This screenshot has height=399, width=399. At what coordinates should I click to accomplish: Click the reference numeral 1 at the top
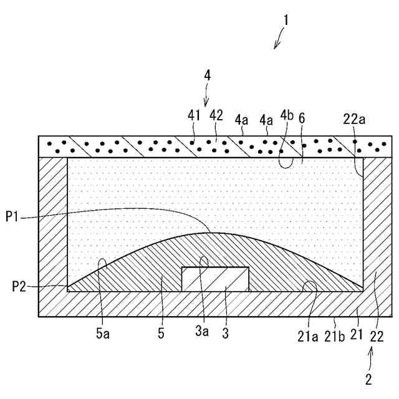pos(286,20)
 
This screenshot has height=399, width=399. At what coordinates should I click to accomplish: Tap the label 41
pos(194,115)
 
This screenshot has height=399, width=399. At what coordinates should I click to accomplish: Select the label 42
pos(216,115)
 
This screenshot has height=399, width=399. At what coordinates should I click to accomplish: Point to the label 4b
pos(287,115)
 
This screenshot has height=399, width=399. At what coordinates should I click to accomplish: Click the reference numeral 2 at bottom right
pos(369,378)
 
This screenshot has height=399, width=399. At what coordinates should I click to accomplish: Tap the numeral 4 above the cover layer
pos(208,75)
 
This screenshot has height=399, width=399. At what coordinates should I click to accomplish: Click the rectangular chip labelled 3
pos(215,279)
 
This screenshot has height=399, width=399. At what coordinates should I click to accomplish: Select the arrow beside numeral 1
pos(278,42)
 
